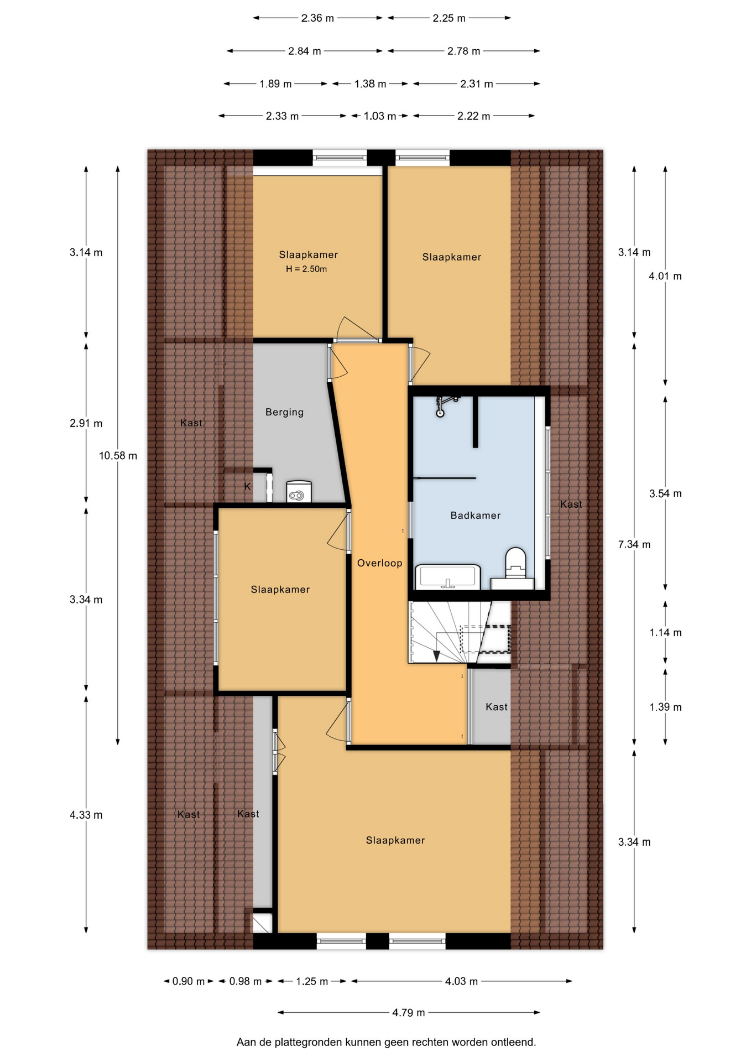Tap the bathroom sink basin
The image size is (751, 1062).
[447, 576]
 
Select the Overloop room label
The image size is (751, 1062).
[379, 563]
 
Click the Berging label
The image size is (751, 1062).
[284, 412]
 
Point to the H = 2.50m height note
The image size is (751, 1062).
[306, 269]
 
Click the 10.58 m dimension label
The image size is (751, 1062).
[118, 456]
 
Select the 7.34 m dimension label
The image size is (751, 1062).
[634, 544]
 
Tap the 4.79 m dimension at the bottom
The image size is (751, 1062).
[409, 1012]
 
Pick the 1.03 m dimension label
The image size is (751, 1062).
[380, 116]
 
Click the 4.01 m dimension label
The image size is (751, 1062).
[665, 276]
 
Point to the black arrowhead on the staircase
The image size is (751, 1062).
[436, 656]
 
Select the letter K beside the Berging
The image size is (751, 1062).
[248, 487]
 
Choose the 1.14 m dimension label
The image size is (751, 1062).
[665, 633]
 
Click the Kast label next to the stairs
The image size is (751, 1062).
[497, 707]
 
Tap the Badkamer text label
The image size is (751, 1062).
[476, 516]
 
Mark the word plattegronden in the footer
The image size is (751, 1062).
[307, 1043]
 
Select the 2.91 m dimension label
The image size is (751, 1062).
[86, 424]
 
